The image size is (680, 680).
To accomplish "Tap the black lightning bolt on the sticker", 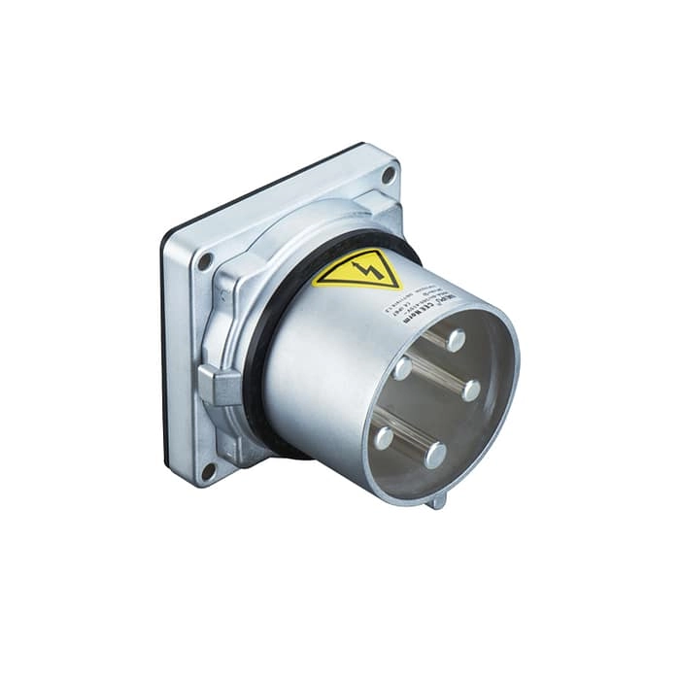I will [362, 267].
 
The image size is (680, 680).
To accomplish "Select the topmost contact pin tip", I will [455, 341].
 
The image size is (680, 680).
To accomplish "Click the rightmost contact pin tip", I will [471, 391].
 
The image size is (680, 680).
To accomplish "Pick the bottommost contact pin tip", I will [435, 455].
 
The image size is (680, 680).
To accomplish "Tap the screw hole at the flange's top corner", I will [389, 176].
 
